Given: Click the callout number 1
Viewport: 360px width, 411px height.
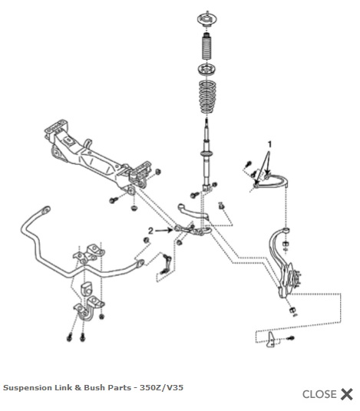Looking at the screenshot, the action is coord(269,144).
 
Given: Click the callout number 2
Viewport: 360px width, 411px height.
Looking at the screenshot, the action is coord(150,231).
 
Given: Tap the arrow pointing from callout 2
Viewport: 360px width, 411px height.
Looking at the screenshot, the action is coord(164,230).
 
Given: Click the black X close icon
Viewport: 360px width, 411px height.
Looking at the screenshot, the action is coord(347,394).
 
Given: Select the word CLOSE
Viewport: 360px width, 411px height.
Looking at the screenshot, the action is coord(319,394).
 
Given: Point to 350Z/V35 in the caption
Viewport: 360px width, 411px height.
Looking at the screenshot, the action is coord(161,387).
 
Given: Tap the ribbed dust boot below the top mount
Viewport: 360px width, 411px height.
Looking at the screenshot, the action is coord(207,47).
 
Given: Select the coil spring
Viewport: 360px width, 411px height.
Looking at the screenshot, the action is coord(207,97).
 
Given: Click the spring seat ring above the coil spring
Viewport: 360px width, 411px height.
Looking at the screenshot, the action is coord(207,70).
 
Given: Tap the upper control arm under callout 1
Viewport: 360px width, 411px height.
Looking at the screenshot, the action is coord(273,182).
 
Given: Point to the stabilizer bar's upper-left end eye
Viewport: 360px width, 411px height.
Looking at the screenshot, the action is coord(45,210).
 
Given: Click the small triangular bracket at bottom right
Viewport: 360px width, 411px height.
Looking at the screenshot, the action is coord(271,340).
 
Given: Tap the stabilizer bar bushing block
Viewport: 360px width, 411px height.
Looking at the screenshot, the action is coord(87,289).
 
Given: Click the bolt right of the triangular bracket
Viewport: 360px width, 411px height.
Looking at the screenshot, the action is coord(290,338).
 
